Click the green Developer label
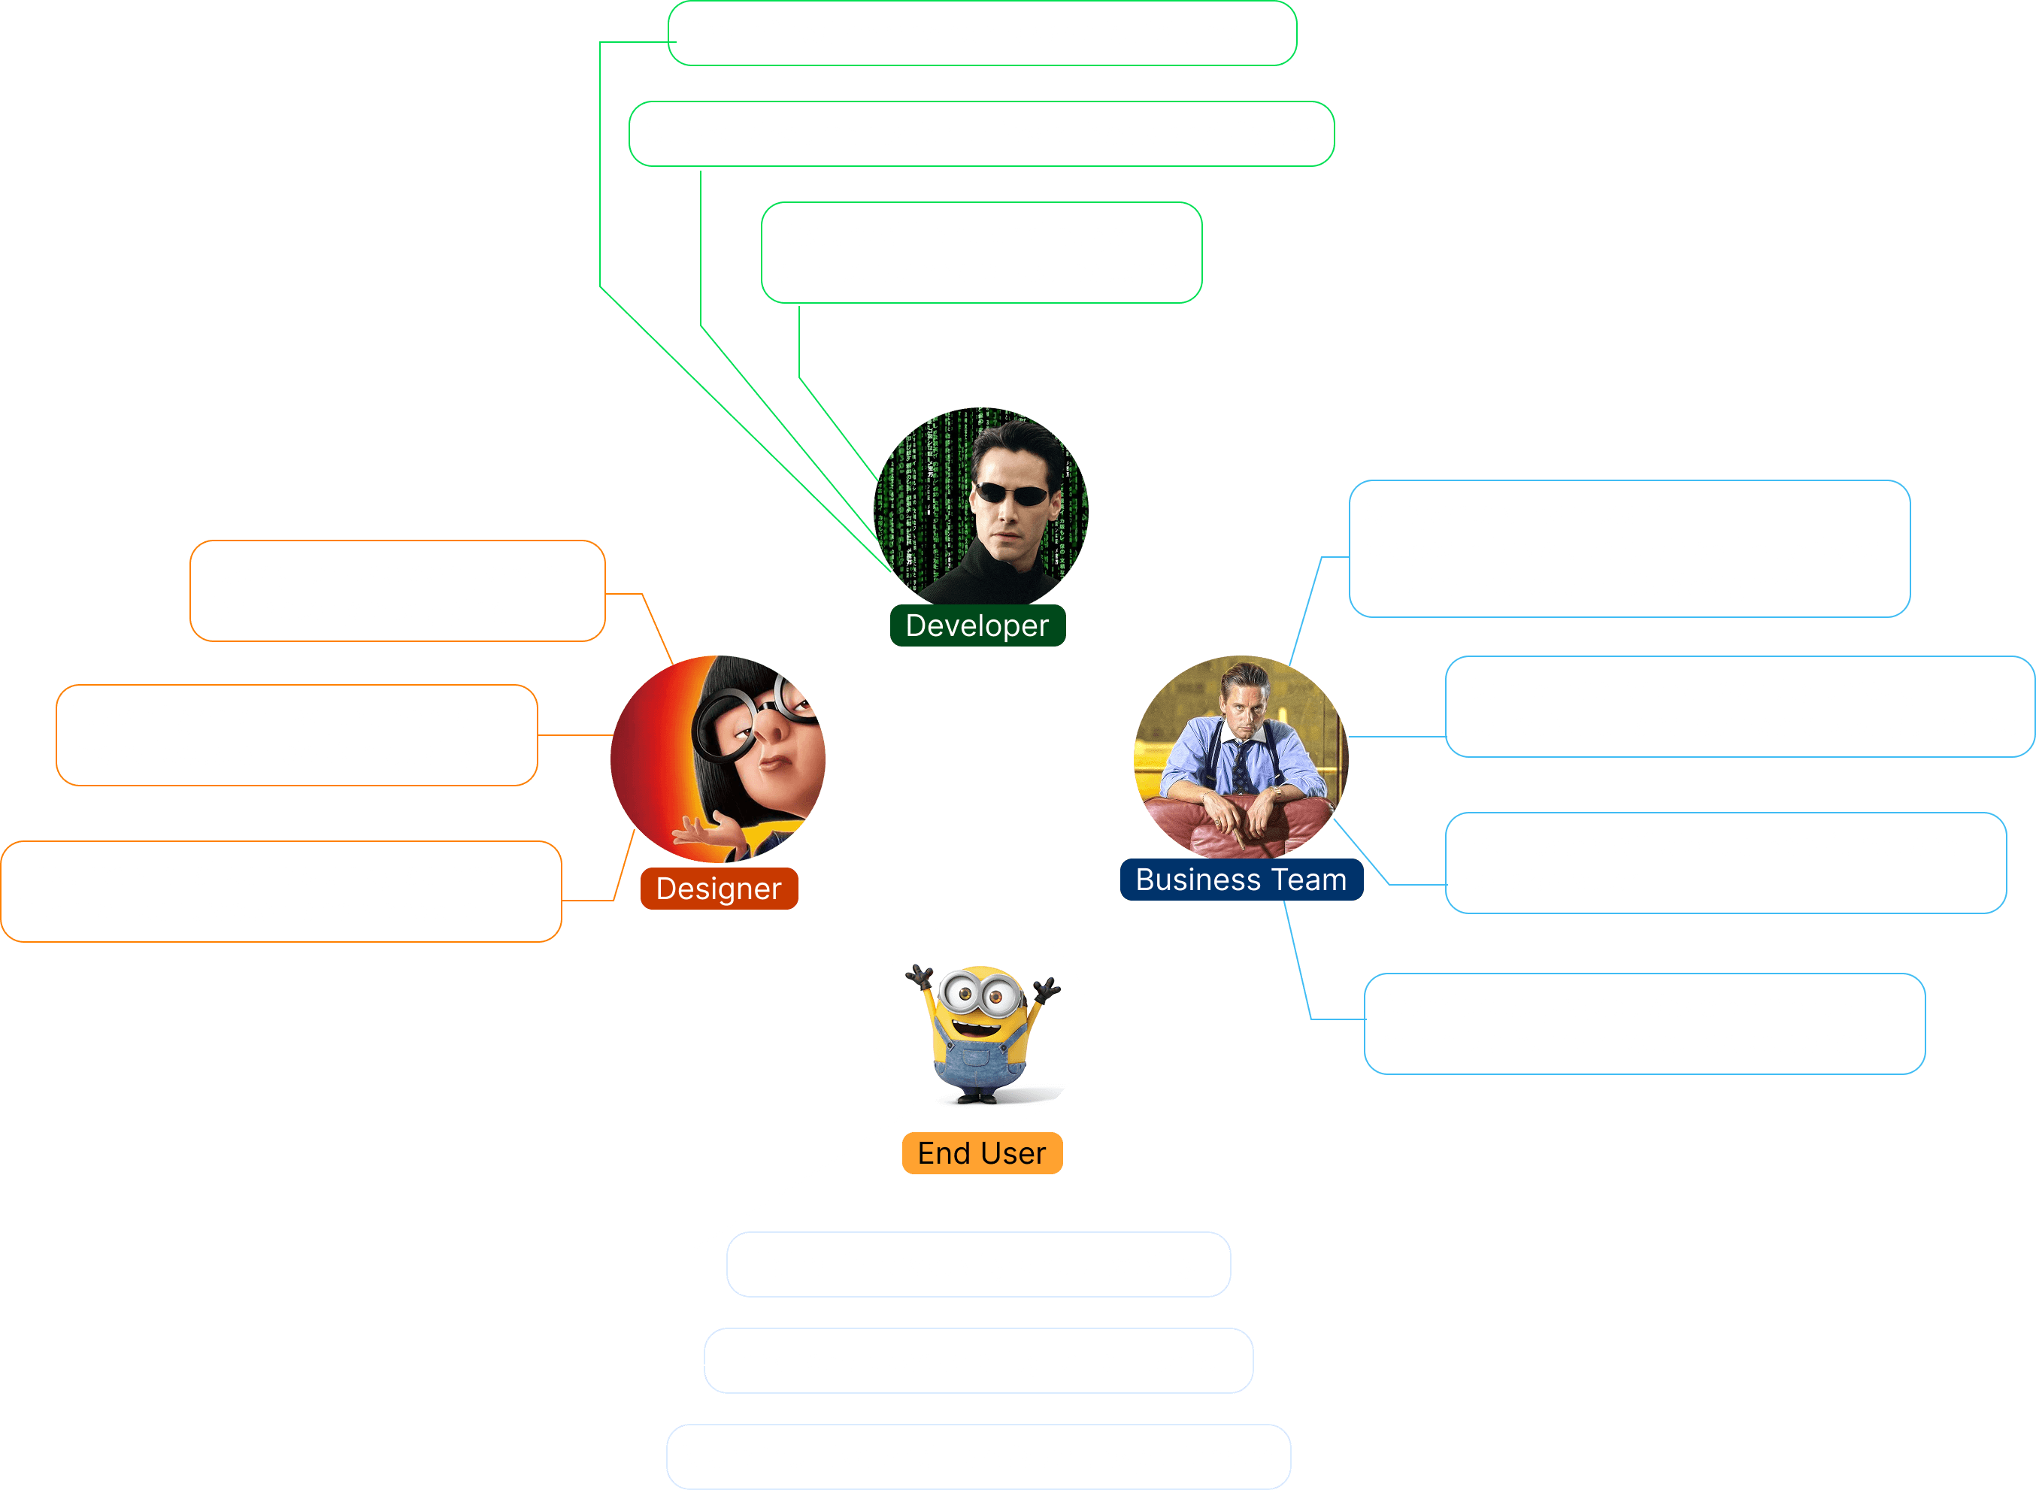977,625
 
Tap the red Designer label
718,889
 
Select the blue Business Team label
1241,880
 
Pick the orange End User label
981,1152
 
